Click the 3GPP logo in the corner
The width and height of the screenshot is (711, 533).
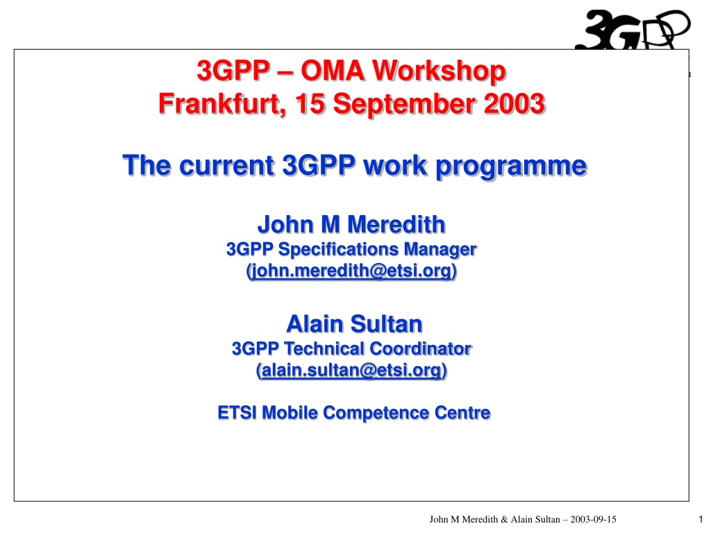pos(633,29)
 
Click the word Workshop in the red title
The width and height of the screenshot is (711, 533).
pos(439,71)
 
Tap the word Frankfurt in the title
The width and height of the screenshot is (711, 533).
pos(222,104)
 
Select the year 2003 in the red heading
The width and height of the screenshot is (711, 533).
pos(515,104)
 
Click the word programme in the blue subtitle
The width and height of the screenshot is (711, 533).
pos(511,166)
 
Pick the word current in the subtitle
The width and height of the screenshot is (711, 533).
pos(227,165)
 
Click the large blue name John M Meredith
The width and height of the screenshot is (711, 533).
pos(351,224)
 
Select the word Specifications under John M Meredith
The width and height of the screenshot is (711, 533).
pos(338,250)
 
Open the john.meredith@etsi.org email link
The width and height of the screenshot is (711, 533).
pos(351,271)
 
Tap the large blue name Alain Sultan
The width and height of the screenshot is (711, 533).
pos(354,323)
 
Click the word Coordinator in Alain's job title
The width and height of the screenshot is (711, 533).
pos(420,348)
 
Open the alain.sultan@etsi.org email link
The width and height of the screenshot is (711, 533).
pos(351,370)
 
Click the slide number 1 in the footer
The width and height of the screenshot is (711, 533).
pos(701,519)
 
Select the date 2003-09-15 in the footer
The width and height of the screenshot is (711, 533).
pos(593,519)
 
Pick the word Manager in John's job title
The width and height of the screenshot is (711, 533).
pos(440,250)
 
